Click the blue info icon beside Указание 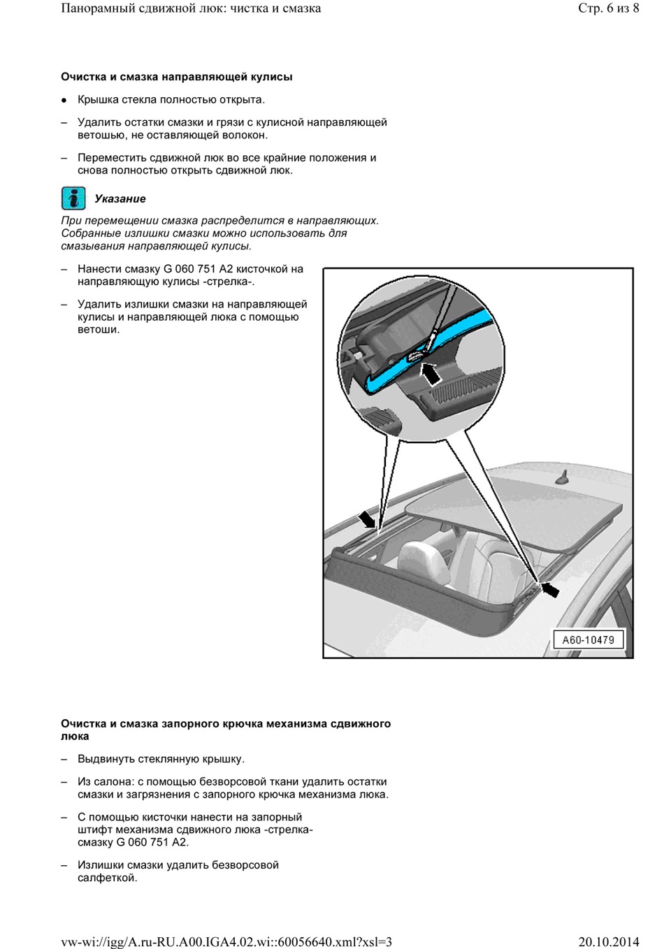73,198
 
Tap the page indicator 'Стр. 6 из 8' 608,8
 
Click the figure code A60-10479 588,639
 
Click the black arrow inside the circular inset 431,374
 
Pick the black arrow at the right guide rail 550,590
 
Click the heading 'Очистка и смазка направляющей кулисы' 176,77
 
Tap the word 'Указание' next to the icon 120,199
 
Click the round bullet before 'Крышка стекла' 64,101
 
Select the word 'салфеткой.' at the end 107,878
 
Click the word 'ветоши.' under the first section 99,330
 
